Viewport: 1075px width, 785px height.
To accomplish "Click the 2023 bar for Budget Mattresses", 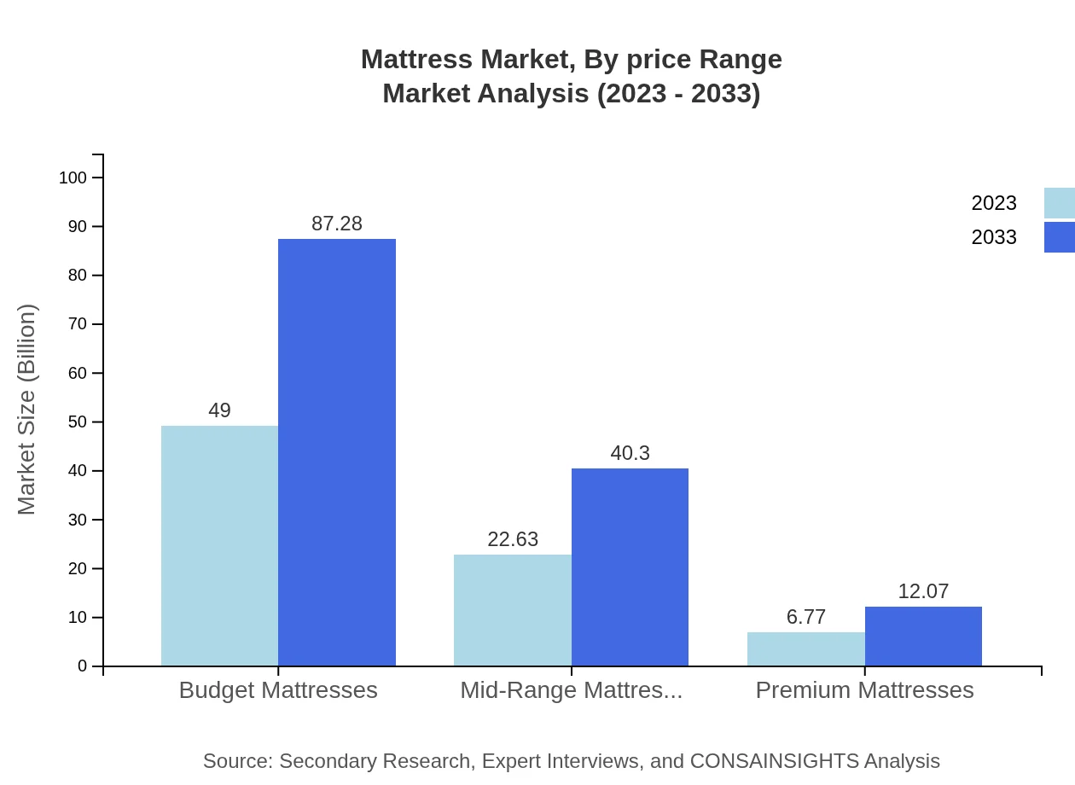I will pos(219,546).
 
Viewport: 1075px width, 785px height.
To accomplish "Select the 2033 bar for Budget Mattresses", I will pos(337,452).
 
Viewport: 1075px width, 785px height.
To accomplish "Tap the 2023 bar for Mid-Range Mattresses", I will pos(513,610).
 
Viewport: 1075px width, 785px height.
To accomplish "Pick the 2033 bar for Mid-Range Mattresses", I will pos(630,567).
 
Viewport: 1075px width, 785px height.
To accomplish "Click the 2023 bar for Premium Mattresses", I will pos(806,649).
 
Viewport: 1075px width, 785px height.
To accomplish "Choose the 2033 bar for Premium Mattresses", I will pos(923,637).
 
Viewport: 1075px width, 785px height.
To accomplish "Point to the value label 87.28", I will pos(337,224).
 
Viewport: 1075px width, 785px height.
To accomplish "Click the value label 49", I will pos(219,410).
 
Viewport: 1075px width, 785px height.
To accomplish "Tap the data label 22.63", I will pos(513,539).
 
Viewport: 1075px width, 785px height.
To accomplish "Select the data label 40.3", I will pos(630,453).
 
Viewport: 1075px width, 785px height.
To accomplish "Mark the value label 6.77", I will pos(806,617).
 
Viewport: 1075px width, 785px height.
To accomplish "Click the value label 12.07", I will pos(923,591).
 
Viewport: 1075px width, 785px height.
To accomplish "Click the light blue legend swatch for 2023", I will pos(1059,203).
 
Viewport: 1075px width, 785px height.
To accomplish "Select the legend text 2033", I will pos(994,237).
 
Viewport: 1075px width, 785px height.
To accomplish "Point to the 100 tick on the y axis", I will pos(73,177).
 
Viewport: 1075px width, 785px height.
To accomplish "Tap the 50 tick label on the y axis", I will pos(78,422).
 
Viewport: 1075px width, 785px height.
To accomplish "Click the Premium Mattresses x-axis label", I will pos(864,689).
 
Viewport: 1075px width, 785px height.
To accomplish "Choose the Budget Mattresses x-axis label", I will pos(278,689).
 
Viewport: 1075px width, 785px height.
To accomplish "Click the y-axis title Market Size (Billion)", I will pos(26,410).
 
